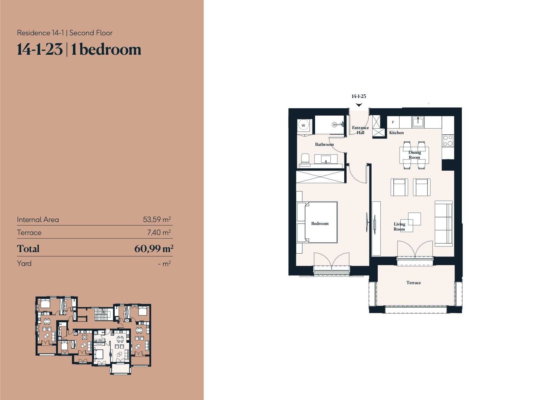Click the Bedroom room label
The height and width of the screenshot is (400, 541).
click(x=320, y=224)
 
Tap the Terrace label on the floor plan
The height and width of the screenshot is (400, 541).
click(x=413, y=283)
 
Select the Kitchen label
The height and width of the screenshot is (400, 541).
click(x=396, y=133)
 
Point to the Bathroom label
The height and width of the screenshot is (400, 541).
click(x=324, y=144)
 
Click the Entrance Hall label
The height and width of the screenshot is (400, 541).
click(x=360, y=130)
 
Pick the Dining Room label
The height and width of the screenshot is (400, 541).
click(x=415, y=155)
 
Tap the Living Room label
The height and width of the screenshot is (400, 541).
click(x=399, y=226)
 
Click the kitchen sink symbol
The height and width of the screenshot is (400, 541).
click(x=418, y=122)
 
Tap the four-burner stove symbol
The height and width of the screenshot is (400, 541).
click(x=448, y=141)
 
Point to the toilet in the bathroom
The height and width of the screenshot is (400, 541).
click(x=305, y=159)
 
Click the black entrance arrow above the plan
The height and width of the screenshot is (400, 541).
click(x=359, y=105)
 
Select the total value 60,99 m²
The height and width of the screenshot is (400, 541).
click(x=154, y=249)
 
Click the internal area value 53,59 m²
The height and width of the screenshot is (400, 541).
click(x=157, y=219)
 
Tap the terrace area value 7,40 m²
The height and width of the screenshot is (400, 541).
click(x=159, y=232)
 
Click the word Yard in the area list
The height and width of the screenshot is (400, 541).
click(x=24, y=264)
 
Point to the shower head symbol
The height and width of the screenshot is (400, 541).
click(x=334, y=125)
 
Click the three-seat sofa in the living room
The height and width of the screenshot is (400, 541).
click(x=444, y=224)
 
